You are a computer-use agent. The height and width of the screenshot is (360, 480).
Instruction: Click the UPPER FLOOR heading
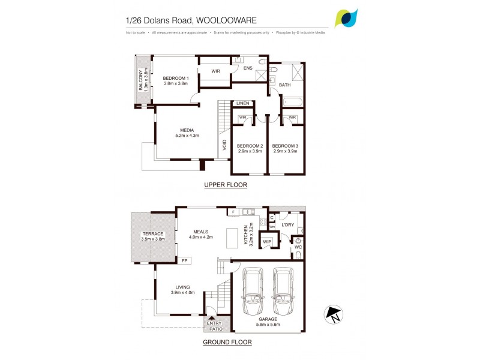226,185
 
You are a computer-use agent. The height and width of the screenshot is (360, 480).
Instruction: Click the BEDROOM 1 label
176,78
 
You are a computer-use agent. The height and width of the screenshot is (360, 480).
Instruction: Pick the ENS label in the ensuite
248,68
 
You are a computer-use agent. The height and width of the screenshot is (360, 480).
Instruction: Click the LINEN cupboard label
242,103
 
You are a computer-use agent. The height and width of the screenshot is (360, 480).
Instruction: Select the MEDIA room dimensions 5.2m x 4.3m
187,136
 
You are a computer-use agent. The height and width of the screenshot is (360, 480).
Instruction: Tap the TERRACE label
152,233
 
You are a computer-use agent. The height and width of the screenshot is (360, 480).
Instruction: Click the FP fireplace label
185,260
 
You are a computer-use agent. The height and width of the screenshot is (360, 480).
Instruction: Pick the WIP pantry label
267,241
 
